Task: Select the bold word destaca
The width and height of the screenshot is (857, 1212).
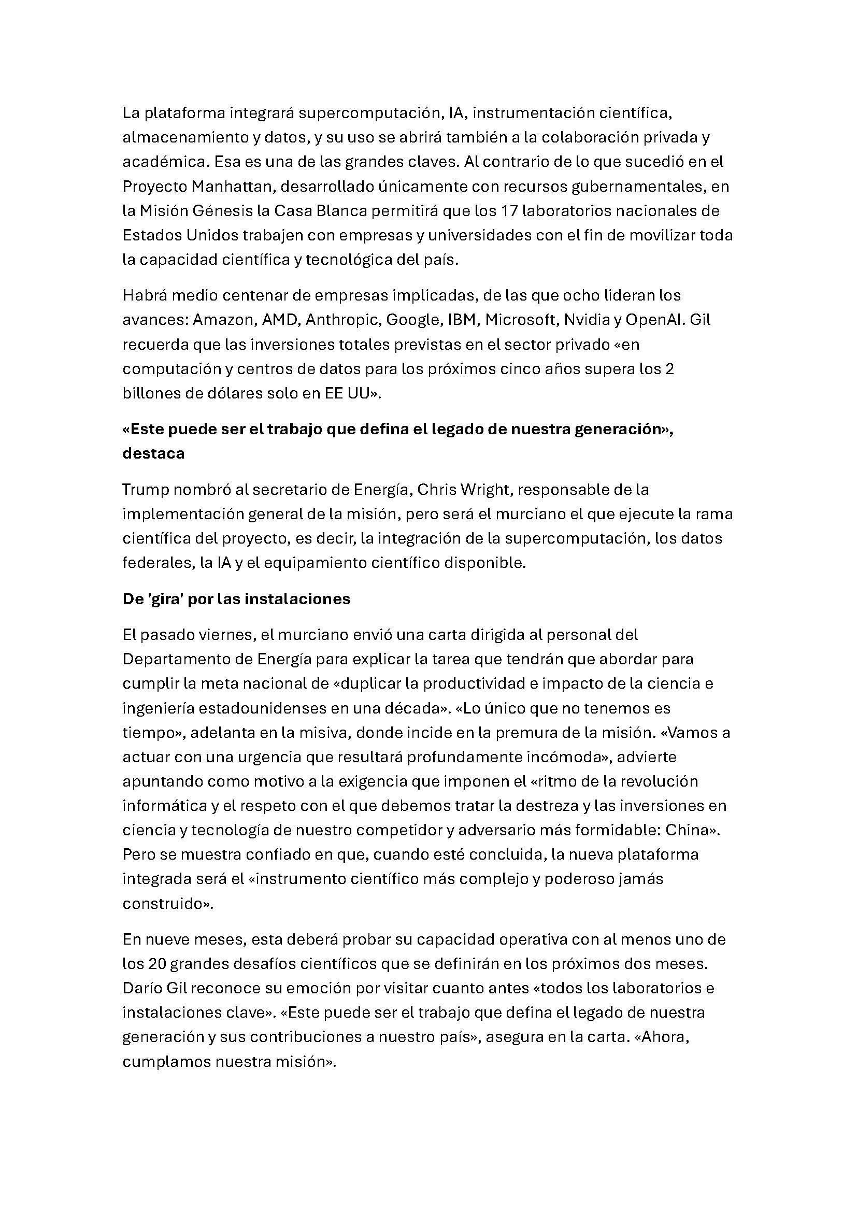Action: point(153,453)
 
